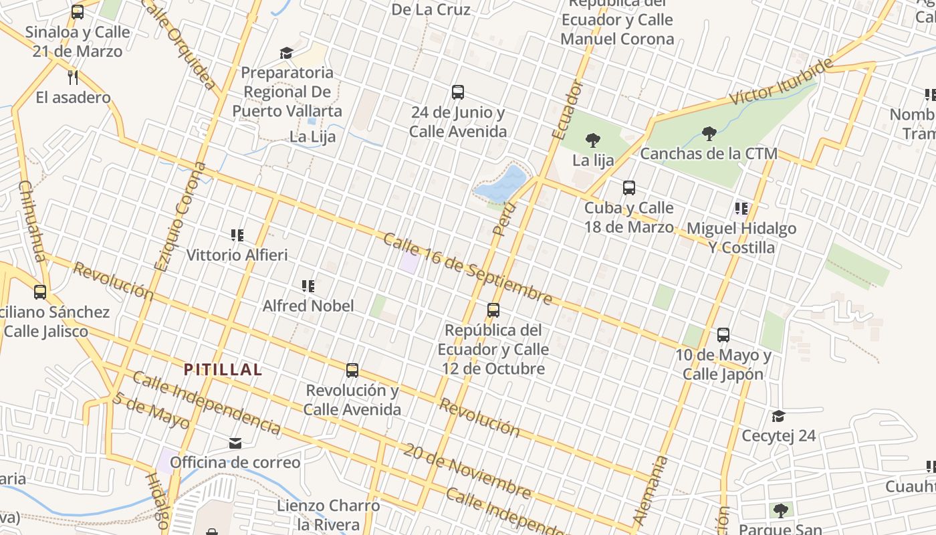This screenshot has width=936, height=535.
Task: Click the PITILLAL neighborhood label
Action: click(x=223, y=369)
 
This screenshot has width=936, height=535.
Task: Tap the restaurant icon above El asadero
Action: click(x=74, y=77)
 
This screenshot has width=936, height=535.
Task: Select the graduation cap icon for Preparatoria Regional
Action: click(x=287, y=53)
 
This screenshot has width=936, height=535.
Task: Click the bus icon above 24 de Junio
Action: click(x=458, y=92)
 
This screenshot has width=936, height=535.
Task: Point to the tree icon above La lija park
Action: click(x=592, y=140)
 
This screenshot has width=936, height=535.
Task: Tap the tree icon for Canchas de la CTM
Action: click(x=709, y=134)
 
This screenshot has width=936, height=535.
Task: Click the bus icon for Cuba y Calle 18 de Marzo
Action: click(x=629, y=188)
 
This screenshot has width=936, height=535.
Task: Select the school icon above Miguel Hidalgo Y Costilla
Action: click(x=741, y=209)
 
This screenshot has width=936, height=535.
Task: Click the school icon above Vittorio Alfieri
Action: click(x=237, y=235)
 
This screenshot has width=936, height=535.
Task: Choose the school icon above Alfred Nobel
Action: click(x=308, y=286)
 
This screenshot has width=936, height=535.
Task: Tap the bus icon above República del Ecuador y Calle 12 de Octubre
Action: click(x=493, y=310)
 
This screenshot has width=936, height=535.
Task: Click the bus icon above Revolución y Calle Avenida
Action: click(x=352, y=370)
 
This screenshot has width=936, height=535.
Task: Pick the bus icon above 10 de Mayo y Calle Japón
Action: click(x=723, y=335)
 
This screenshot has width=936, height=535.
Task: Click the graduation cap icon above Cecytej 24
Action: click(x=779, y=417)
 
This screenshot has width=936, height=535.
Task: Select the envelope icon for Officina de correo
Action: click(x=235, y=443)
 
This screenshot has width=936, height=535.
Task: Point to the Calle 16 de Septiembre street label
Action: click(x=468, y=269)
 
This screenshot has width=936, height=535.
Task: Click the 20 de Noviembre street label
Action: click(x=467, y=471)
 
